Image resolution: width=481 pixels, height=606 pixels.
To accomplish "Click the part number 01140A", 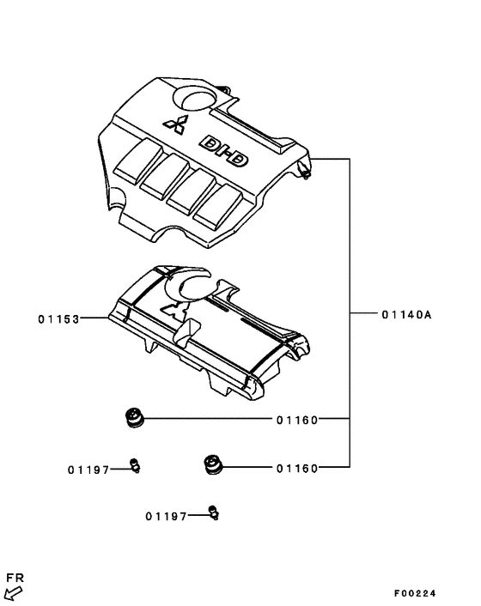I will tap(406, 315).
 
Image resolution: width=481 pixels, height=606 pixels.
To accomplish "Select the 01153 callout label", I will tap(58, 319).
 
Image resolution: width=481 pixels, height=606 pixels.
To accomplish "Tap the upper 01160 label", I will tap(297, 420).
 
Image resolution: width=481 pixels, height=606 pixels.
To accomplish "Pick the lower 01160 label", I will tap(297, 468).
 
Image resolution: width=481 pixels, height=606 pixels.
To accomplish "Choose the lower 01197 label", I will tap(166, 516).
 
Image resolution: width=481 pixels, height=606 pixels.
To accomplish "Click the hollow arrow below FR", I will tap(12, 592).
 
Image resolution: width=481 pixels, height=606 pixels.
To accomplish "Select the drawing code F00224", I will tap(415, 593).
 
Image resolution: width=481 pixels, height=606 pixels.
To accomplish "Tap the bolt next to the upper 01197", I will tap(134, 465).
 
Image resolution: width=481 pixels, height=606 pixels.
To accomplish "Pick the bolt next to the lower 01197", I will tap(214, 513).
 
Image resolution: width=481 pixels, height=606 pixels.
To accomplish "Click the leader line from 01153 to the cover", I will tap(94, 318).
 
